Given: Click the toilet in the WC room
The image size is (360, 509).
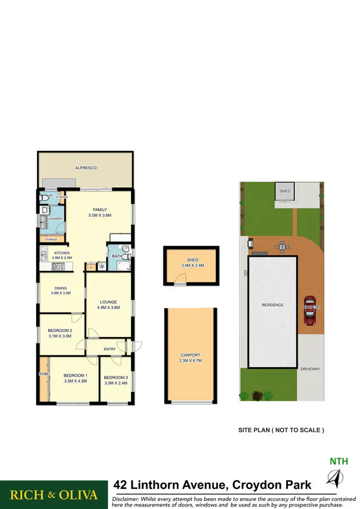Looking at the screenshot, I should [44, 197].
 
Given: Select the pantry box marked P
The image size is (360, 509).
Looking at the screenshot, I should [91, 268].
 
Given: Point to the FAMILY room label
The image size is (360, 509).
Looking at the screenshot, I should [100, 210].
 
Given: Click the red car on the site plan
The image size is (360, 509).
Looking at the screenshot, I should [310, 311].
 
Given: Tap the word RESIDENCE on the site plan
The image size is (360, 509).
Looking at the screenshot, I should [272, 305].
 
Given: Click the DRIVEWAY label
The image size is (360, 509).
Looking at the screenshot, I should [310, 369].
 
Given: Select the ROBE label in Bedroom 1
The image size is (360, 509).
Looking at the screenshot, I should [43, 373].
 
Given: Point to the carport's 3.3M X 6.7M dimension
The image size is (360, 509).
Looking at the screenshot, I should [190, 360].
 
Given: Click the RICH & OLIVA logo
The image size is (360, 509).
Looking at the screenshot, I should [54, 495].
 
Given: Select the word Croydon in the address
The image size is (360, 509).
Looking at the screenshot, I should [250, 485].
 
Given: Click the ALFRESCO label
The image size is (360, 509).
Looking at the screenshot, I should [86, 168].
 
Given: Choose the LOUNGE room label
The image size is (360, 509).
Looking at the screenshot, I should [108, 302].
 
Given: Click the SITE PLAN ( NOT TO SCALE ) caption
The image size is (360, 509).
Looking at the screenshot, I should [281, 430].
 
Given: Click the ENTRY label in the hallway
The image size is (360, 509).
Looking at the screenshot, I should [110, 349].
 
